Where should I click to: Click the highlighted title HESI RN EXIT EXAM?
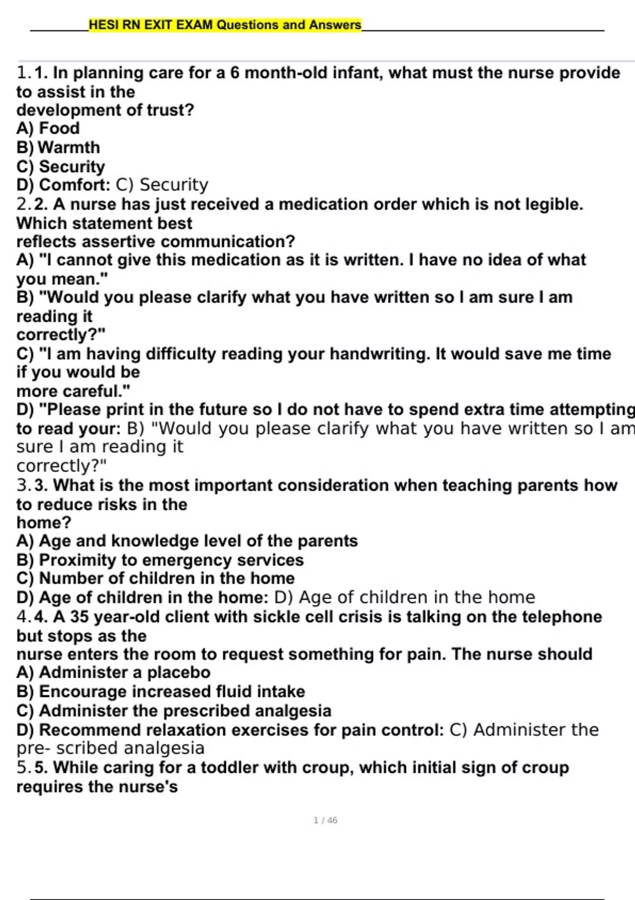225,25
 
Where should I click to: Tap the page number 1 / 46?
325,820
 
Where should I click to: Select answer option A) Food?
48,128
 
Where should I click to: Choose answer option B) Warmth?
58,147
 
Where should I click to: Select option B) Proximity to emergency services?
160,560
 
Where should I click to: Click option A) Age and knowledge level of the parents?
187,541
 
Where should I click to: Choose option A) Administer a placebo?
113,672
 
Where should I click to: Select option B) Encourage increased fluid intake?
160,691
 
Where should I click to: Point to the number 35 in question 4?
79,616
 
